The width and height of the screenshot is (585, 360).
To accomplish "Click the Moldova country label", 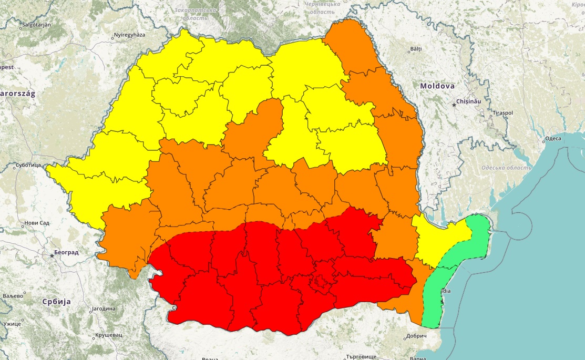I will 437,86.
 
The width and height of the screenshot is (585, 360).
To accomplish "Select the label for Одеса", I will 552,139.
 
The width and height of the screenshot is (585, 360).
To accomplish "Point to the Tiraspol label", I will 502,114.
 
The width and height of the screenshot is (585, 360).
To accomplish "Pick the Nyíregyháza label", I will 129,36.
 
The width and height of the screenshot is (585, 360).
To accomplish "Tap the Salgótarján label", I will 37,25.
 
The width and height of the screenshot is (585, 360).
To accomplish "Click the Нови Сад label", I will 37,223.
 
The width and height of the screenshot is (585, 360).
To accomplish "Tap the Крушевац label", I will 109,335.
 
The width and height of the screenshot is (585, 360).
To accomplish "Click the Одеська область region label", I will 506,168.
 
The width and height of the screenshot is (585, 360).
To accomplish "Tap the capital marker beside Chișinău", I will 455,104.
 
